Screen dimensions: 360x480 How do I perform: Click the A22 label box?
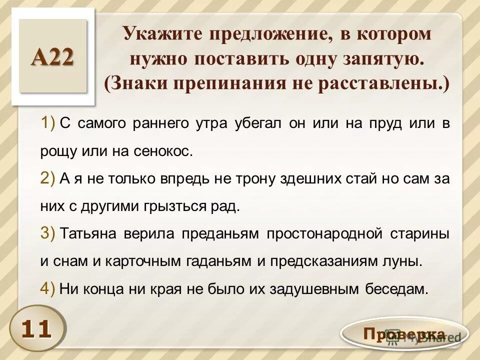53,56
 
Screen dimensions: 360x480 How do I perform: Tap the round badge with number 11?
36,328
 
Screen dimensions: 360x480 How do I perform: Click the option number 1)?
48,123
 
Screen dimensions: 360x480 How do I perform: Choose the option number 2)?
48,178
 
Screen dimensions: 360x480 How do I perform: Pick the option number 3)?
48,233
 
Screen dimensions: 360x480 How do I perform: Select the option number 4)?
48,288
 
